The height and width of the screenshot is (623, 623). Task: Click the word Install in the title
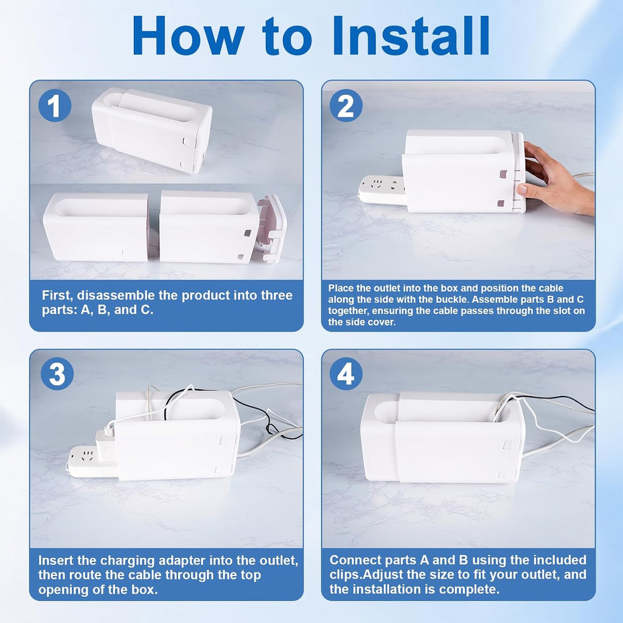[x=411, y=35]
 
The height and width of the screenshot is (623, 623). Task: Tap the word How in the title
[x=189, y=35]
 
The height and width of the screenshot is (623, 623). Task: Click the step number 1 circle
[x=55, y=105]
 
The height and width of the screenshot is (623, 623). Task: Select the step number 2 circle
[x=346, y=105]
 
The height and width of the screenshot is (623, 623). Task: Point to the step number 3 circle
[x=57, y=374]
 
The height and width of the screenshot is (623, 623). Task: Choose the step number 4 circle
[x=346, y=374]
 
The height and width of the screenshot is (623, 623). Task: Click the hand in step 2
[x=556, y=179]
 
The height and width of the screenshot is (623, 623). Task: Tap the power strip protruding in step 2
[x=382, y=190]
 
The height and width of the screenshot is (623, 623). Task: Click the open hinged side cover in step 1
[x=272, y=229]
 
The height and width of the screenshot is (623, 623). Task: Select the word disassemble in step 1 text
[x=127, y=295]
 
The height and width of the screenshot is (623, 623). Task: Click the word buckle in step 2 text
[x=455, y=299]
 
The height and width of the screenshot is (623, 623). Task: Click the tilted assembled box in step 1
[x=152, y=130]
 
